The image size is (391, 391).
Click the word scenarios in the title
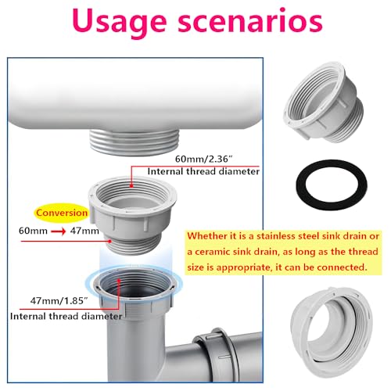[x=250, y=21]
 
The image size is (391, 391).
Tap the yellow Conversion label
[x=62, y=213]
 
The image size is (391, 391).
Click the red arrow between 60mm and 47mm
[x=59, y=231]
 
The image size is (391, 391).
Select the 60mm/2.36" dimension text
[x=203, y=159]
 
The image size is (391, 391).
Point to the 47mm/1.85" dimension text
[x=59, y=301]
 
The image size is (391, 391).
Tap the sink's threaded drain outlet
[x=135, y=142]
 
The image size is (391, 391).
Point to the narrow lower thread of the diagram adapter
[x=135, y=245]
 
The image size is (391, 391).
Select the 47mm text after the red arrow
[x=84, y=231]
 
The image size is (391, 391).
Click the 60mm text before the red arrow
[x=33, y=231]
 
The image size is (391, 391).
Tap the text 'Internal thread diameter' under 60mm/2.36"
[x=203, y=171]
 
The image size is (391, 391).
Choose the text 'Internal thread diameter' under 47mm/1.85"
[x=66, y=317]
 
